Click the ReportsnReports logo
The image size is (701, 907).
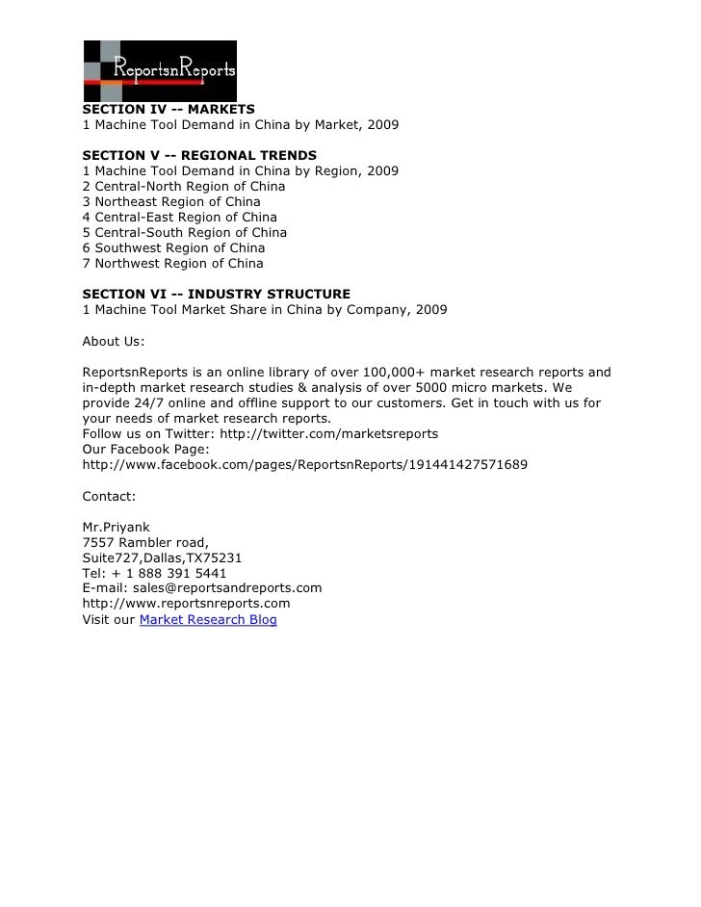pyautogui.click(x=160, y=70)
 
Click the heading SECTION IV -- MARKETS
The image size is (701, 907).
pyautogui.click(x=169, y=110)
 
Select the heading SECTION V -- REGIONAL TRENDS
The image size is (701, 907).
pyautogui.click(x=199, y=155)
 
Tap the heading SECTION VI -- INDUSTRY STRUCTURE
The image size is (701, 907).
pyautogui.click(x=217, y=294)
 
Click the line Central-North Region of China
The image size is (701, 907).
pyautogui.click(x=184, y=186)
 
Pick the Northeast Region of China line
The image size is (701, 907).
pyautogui.click(x=171, y=201)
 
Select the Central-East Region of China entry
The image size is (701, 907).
pyautogui.click(x=180, y=217)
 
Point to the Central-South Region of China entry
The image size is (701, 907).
pyautogui.click(x=185, y=232)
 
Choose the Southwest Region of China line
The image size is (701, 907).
pyautogui.click(x=174, y=247)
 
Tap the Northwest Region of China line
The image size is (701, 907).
pyautogui.click(x=173, y=263)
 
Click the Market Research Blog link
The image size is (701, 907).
pyautogui.click(x=208, y=619)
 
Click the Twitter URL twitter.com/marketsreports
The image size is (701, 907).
pyautogui.click(x=329, y=433)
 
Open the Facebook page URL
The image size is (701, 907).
pyautogui.click(x=304, y=464)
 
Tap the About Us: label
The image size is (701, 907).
pyautogui.click(x=114, y=340)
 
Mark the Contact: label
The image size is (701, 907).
pyautogui.click(x=110, y=496)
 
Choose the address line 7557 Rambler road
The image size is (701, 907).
pyautogui.click(x=145, y=541)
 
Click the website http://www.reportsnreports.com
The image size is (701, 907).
pyautogui.click(x=186, y=603)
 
